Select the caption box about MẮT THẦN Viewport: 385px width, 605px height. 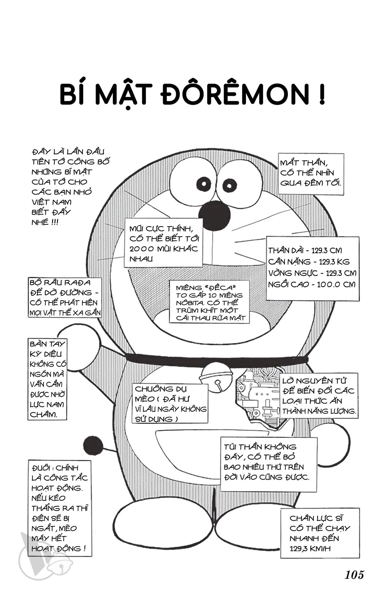(311, 174)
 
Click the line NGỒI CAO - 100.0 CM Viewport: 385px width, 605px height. (312, 284)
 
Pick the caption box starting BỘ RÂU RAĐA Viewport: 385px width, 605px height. (65, 297)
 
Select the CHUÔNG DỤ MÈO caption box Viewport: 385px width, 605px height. (170, 404)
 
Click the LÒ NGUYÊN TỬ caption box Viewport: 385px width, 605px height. (319, 396)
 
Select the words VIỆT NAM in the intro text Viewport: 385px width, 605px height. (52, 202)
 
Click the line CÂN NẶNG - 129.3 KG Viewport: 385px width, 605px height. (309, 262)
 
